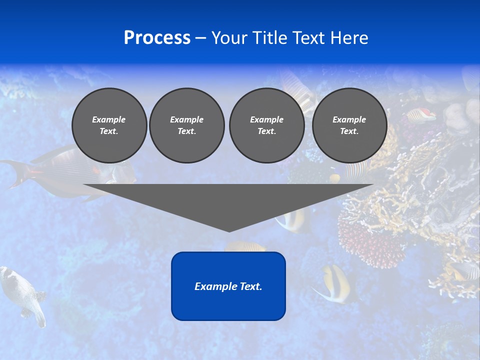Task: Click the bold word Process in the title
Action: coord(157,38)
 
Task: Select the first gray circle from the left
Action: coord(109,125)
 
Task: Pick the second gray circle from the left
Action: coord(186,125)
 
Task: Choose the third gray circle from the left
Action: coord(266,125)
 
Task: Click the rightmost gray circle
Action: coord(349,125)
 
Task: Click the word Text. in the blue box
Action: coord(250,286)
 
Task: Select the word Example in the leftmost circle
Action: coord(109,119)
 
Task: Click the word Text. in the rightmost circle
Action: coord(349,131)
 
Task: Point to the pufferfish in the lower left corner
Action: coord(22,292)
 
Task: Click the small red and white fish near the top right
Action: coord(421,115)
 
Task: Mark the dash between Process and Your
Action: coord(200,38)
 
